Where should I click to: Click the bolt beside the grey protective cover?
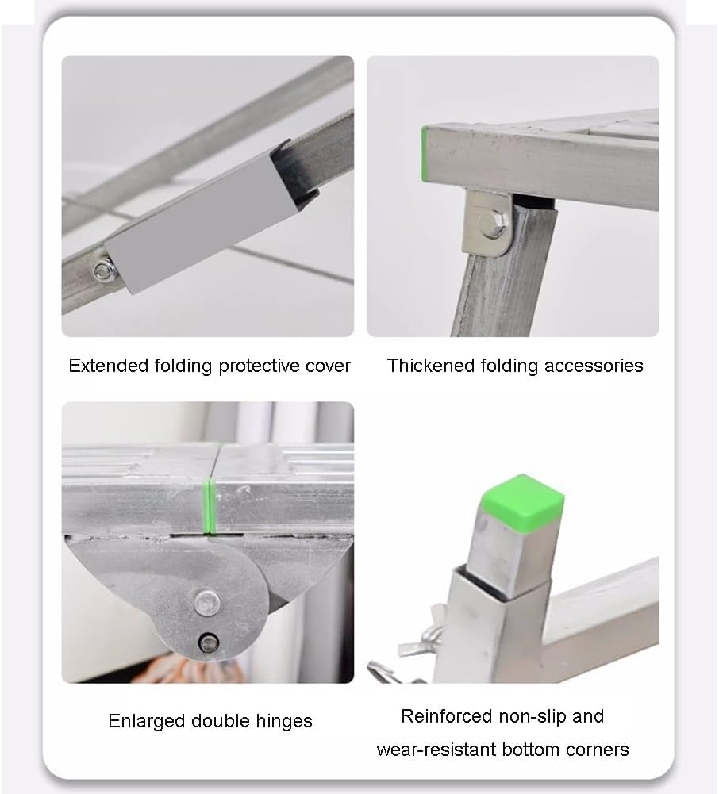[104, 270]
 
